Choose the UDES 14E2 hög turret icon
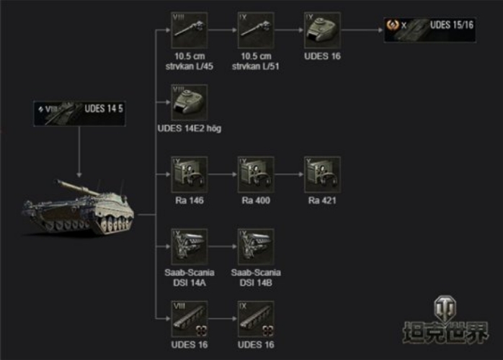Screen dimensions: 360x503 (190, 102)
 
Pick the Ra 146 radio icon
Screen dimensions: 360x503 (190, 174)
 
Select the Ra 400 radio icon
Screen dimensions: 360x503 (256, 174)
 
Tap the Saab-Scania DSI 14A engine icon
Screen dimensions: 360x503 (190, 246)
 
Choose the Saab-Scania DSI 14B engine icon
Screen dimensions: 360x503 (256, 246)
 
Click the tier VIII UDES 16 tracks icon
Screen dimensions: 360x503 (190, 319)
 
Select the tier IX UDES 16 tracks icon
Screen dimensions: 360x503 (256, 319)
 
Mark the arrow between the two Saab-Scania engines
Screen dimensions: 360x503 (223, 247)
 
